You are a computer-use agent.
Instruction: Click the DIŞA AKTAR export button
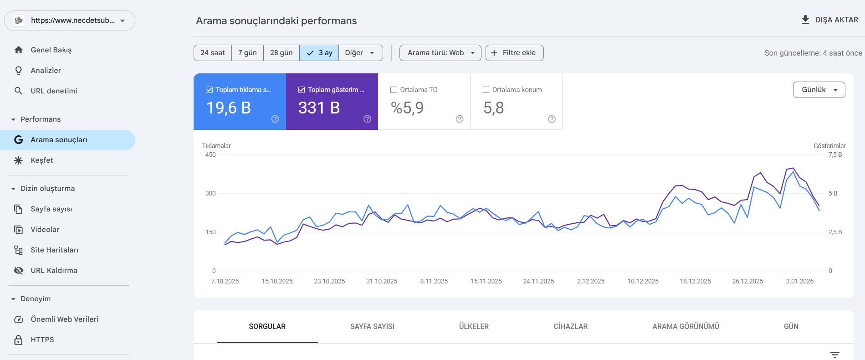point(829,20)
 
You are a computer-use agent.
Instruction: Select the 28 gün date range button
point(281,53)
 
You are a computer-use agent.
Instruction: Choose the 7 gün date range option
point(247,53)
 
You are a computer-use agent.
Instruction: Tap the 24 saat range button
point(213,53)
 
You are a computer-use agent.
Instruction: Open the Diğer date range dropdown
point(360,53)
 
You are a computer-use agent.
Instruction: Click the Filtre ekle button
point(514,53)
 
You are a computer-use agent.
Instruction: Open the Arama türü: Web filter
point(440,53)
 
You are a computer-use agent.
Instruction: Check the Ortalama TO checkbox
point(394,90)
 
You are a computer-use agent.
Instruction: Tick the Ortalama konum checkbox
point(486,90)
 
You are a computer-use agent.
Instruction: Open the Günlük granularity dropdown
point(819,90)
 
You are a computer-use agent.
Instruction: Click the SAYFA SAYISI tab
point(372,326)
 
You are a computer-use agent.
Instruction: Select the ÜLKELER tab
point(474,326)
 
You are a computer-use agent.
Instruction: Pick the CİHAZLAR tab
point(570,326)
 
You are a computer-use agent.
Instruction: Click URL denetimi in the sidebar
point(54,91)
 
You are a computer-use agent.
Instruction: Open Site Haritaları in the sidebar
point(54,250)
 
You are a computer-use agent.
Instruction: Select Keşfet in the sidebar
point(41,160)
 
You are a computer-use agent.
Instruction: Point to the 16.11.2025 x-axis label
point(486,281)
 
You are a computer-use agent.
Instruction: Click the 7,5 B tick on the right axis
point(835,154)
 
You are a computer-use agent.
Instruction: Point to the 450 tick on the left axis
point(210,154)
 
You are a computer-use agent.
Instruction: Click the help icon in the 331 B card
point(367,119)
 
